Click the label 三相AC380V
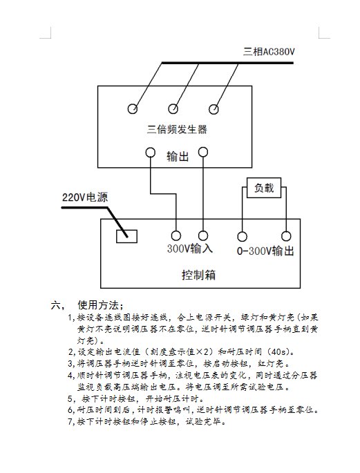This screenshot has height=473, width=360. click(269, 52)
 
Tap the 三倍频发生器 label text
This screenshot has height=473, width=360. click(177, 129)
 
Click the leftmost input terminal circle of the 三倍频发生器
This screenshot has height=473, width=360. click(133, 108)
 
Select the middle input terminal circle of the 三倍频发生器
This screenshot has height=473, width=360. click(173, 108)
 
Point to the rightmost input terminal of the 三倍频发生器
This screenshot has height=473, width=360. click(214, 109)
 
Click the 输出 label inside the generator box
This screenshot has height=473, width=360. click(178, 157)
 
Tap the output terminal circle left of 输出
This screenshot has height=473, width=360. click(150, 153)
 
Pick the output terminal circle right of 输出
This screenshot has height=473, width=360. click(203, 152)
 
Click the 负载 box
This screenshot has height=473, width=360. click(264, 188)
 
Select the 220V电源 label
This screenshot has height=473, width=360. click(85, 197)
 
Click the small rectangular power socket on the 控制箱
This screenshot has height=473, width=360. click(126, 236)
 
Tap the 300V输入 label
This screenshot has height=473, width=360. click(190, 249)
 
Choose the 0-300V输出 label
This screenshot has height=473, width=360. click(265, 251)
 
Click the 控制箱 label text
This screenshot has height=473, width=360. click(198, 275)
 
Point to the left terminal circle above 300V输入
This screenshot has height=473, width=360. click(176, 235)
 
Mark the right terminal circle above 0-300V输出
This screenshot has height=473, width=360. click(286, 236)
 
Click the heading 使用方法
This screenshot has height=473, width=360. click(98, 305)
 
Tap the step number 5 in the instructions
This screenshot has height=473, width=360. click(70, 399)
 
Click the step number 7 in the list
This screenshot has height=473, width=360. click(70, 421)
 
